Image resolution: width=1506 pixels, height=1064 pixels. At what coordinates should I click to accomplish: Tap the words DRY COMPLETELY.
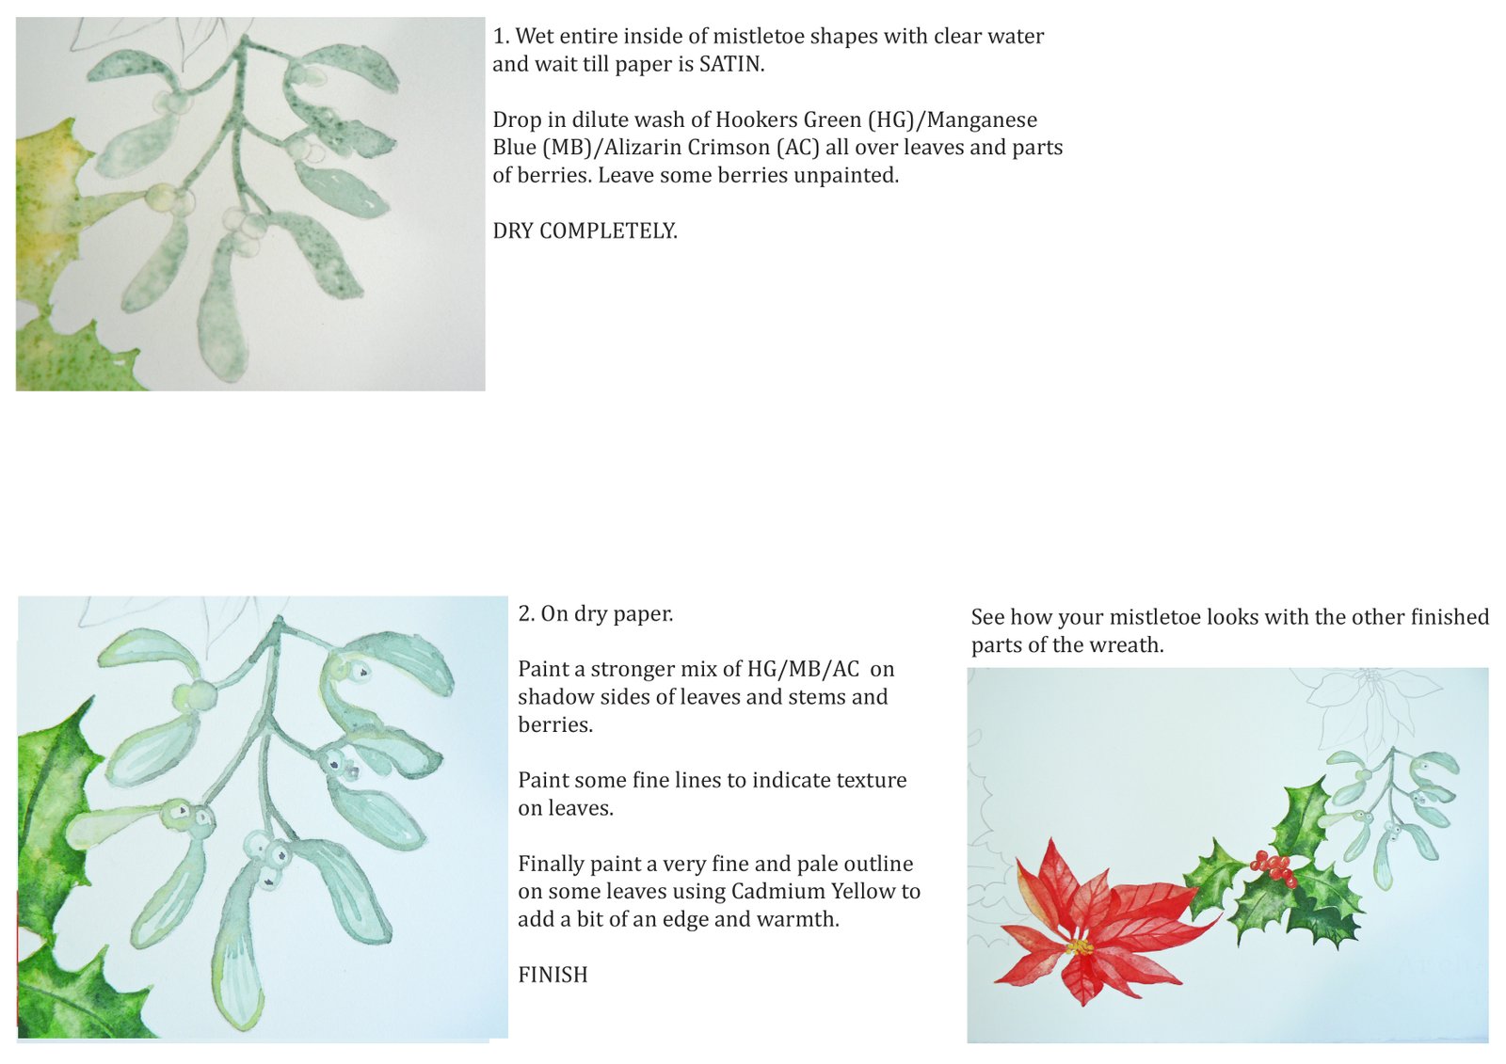click(x=585, y=231)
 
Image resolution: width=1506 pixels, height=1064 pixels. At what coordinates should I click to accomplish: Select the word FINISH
click(x=553, y=975)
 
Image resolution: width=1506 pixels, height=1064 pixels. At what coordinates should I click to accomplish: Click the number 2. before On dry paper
click(x=526, y=613)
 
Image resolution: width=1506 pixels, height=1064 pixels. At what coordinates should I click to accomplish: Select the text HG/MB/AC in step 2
click(x=804, y=670)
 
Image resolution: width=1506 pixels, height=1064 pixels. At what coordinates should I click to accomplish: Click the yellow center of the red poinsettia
click(x=1080, y=947)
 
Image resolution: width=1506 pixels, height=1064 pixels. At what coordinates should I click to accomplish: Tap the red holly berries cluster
click(x=1273, y=868)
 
